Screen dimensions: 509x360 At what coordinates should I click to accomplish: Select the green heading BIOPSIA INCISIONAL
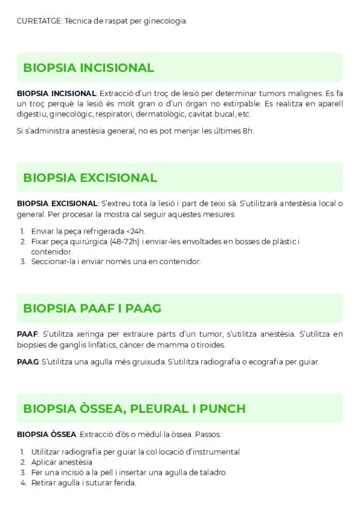tap(88, 68)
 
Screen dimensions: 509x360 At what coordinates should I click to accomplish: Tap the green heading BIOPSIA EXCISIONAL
tap(90, 178)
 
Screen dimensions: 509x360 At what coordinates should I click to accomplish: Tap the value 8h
tap(248, 131)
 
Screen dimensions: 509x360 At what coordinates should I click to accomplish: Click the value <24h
tap(136, 231)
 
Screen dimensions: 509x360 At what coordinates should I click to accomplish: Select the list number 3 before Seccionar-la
tap(22, 261)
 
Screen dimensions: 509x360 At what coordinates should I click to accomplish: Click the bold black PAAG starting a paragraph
tap(28, 361)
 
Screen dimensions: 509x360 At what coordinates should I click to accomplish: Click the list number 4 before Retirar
tap(22, 483)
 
